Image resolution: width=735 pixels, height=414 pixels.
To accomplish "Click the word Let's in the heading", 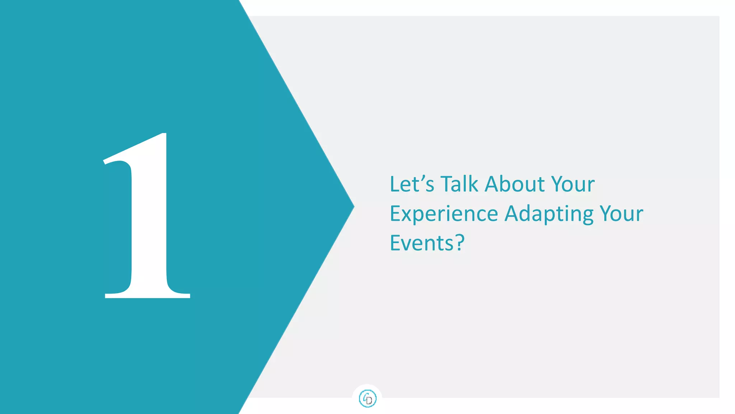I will point(412,184).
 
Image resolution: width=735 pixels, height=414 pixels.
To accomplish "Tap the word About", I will point(514,184).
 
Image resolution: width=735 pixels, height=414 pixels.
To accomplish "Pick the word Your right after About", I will point(573,184).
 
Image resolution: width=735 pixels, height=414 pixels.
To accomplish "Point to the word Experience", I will point(444,214).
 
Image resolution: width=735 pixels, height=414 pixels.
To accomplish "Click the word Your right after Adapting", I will point(622,214).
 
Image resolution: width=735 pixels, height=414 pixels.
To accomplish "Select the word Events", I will point(422,243).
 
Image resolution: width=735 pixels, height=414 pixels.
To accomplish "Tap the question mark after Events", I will point(460,243).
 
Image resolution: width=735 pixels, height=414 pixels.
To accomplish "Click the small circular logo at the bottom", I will point(367,399).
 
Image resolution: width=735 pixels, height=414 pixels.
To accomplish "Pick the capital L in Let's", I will point(394,184).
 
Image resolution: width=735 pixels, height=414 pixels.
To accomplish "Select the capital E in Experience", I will point(395,214).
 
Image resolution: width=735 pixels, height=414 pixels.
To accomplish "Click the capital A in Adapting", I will point(511,214).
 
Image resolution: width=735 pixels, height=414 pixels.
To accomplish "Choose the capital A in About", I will point(492,184).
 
